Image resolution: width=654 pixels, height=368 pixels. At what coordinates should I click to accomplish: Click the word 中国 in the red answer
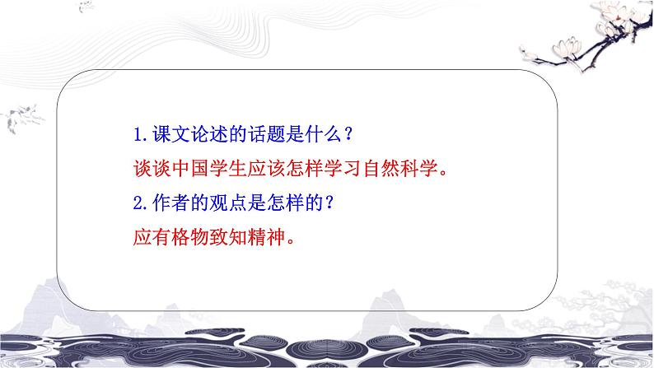[193, 169]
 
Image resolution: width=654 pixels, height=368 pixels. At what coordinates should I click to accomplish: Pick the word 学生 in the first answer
[233, 169]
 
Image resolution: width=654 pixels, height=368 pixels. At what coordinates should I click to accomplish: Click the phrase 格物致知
[213, 239]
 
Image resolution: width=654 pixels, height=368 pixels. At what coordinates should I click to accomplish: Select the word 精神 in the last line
[273, 239]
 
